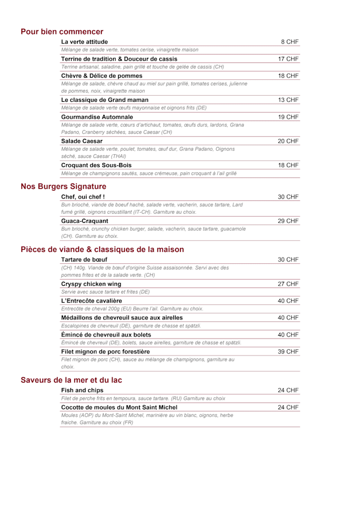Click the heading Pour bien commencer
(62, 32)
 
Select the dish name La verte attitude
(84, 42)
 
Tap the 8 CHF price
(290, 42)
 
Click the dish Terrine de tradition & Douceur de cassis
(119, 58)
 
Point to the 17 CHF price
(288, 58)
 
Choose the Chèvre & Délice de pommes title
(102, 75)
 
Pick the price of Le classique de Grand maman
(288, 100)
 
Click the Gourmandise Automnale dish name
(97, 117)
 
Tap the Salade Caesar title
(82, 141)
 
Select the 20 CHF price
(288, 141)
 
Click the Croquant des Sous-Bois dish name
(96, 165)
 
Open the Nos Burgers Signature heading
(63, 186)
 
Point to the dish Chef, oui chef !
(83, 197)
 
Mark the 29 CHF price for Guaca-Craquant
(288, 221)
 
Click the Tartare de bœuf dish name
(84, 259)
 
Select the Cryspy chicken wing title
(91, 284)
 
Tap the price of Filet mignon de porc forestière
(288, 352)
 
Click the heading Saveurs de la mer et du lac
(71, 380)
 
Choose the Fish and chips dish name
(82, 390)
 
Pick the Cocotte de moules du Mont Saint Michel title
(119, 407)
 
